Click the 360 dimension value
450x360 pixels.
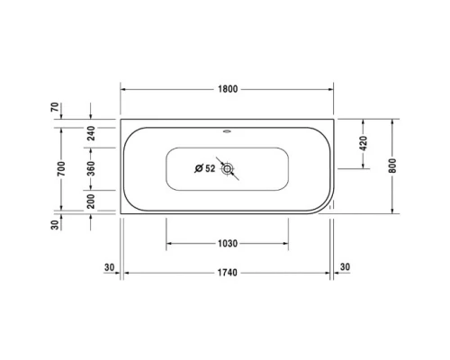point(91,168)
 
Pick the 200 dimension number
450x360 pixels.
point(91,201)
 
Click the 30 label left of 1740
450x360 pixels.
point(109,267)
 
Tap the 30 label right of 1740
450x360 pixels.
point(346,267)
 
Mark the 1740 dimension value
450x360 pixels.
point(227,273)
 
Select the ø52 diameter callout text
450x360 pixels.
point(205,167)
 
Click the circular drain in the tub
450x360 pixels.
point(229,168)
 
